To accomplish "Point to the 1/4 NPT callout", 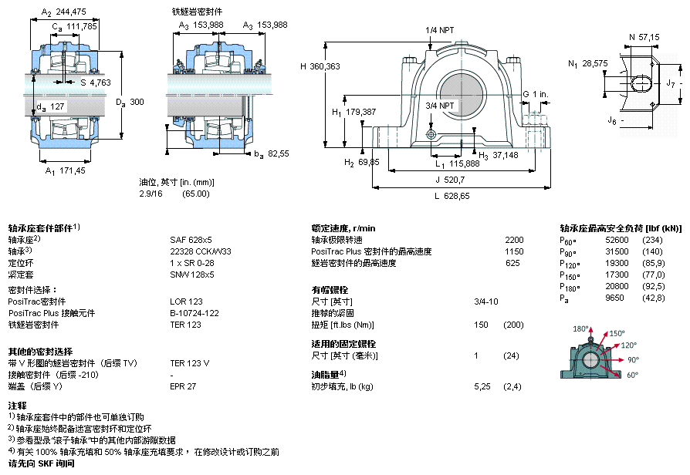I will click(x=439, y=30).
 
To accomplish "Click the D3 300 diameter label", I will click(x=130, y=102).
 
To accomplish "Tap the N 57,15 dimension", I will click(x=644, y=36).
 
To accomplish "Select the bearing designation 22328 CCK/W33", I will click(x=200, y=251).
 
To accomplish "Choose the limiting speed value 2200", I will click(x=513, y=240).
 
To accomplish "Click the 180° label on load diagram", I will click(x=580, y=328).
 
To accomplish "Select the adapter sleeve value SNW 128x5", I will click(x=193, y=274).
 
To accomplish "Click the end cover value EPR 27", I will click(x=183, y=386).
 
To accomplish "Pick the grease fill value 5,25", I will click(x=482, y=386).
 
